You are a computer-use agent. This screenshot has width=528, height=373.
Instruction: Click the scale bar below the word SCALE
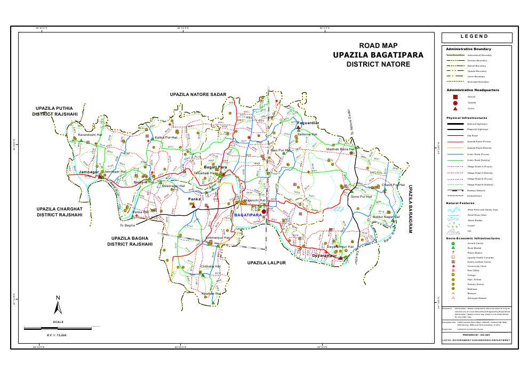click(59, 326)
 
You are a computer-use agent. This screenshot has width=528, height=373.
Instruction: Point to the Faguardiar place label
click(308, 123)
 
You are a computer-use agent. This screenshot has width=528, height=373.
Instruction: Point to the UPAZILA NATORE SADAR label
click(198, 94)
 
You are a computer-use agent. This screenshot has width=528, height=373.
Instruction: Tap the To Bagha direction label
click(127, 225)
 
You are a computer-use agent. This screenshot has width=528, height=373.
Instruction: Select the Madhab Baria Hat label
click(340, 149)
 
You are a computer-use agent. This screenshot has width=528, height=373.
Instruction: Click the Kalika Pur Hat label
click(166, 137)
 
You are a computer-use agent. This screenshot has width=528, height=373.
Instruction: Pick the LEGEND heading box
click(477, 38)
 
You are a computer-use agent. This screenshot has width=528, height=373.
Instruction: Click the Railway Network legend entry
click(478, 190)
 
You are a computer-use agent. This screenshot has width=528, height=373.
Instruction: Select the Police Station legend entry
click(475, 253)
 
